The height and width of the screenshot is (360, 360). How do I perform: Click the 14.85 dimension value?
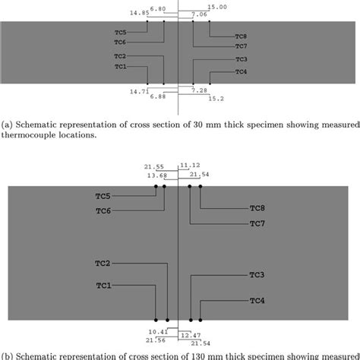139,13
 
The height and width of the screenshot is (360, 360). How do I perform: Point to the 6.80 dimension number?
159,8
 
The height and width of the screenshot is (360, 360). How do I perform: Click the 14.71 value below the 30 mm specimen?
139,91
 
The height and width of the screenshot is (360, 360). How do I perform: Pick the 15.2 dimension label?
215,98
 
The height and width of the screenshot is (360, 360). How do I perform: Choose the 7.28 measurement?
199,90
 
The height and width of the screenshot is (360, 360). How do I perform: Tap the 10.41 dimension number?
158,331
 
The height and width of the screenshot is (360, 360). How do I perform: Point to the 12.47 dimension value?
193,335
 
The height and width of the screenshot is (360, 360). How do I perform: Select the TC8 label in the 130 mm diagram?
258,207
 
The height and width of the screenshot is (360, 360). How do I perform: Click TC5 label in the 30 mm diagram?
120,32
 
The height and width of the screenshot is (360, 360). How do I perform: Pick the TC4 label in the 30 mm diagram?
242,71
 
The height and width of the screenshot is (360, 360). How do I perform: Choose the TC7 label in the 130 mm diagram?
258,223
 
